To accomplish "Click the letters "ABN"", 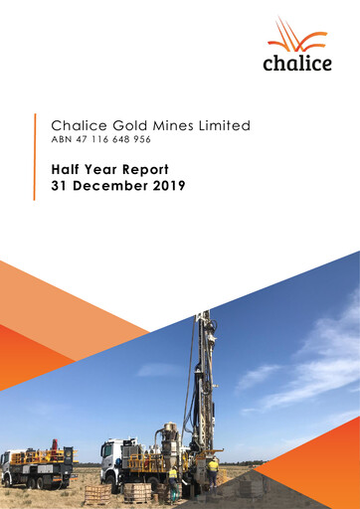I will point(62,142).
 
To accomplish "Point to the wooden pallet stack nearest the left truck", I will point(96,493).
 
